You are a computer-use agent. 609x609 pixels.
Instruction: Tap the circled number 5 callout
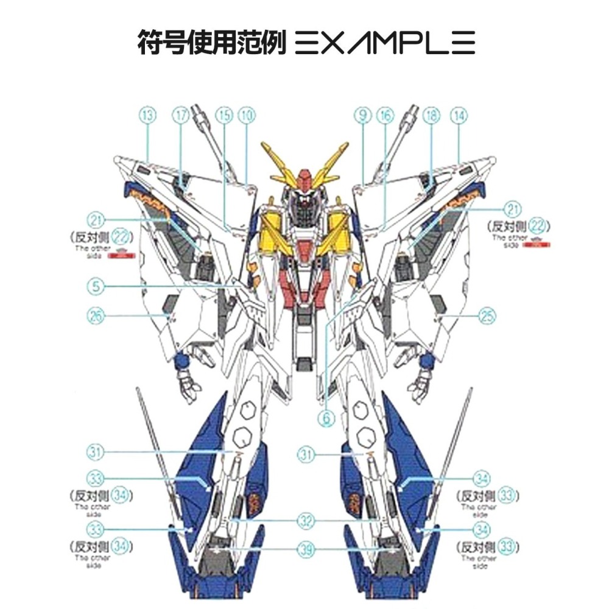click(x=96, y=284)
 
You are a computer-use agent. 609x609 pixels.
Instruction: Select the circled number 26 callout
click(x=97, y=315)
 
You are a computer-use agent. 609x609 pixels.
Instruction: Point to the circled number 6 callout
click(x=328, y=418)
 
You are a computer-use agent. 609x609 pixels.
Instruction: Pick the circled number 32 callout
click(x=305, y=521)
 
